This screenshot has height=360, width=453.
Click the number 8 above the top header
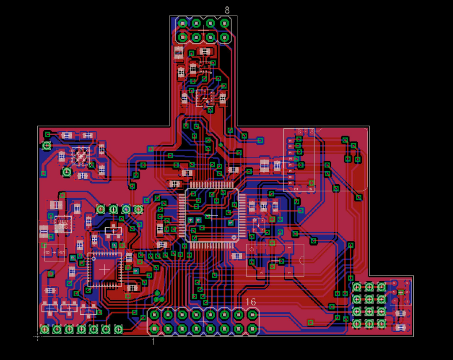click(x=227, y=10)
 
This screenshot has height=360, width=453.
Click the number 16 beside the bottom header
click(x=251, y=302)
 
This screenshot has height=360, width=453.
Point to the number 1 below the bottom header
click(x=153, y=341)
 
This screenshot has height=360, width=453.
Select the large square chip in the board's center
click(x=212, y=215)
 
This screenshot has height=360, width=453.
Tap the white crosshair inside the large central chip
click(x=212, y=215)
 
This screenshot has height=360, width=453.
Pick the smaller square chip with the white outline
click(x=104, y=269)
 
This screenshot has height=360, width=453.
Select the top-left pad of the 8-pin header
click(x=183, y=24)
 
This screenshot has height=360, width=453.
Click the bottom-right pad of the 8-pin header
click(x=224, y=37)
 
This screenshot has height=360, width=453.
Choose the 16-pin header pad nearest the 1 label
click(x=155, y=329)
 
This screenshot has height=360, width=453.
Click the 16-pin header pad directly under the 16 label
click(x=252, y=315)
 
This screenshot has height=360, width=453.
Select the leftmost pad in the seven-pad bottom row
click(x=44, y=330)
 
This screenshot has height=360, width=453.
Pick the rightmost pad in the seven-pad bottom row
click(x=118, y=330)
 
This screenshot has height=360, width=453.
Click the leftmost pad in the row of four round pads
click(x=101, y=209)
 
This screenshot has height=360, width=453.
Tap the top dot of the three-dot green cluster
click(x=157, y=293)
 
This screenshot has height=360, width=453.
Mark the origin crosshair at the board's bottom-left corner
click(x=39, y=336)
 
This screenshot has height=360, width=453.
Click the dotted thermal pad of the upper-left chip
click(x=80, y=155)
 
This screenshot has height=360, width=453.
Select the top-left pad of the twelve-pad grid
click(x=357, y=286)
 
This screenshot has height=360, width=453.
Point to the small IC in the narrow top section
click(x=204, y=98)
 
